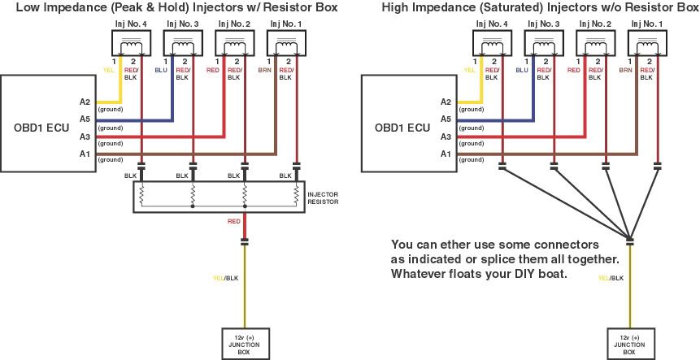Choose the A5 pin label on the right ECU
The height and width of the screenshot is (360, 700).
pos(445,119)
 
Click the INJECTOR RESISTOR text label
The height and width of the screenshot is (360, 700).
pos(324,197)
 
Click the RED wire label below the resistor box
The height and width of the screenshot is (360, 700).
pos(234,221)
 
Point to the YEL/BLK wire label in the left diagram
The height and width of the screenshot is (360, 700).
pos(224,278)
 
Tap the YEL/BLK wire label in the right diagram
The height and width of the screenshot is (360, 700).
pos(611,278)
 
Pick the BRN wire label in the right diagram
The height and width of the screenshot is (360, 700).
pos(626,70)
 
